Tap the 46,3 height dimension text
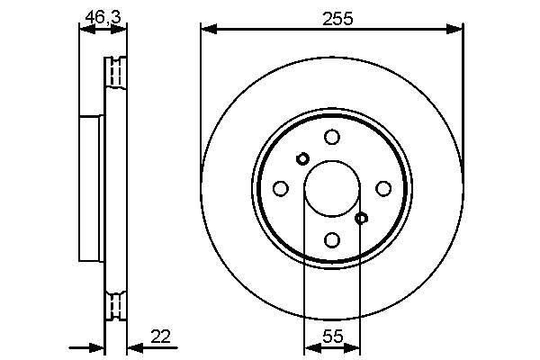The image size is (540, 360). [x=99, y=15]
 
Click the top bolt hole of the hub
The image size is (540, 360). [x=332, y=137]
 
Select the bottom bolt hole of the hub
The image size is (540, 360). [x=332, y=239]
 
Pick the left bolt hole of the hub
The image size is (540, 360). [x=280, y=188]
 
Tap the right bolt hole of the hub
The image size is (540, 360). [x=383, y=188]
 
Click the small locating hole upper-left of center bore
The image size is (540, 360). [x=302, y=158]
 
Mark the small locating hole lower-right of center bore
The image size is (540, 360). [x=362, y=218]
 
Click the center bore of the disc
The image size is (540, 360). [x=332, y=188]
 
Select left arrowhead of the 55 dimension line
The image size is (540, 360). [x=310, y=346]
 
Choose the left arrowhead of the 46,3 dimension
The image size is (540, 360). [x=85, y=30]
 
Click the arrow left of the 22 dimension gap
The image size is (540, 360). [x=97, y=346]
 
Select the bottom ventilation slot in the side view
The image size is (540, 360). [x=115, y=306]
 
